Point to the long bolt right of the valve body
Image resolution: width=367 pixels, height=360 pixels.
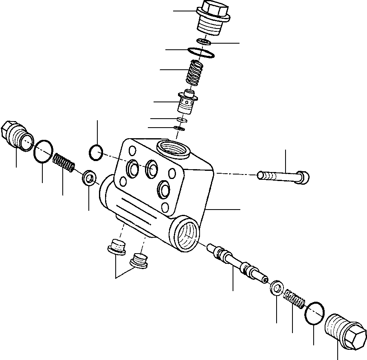(x=283, y=176)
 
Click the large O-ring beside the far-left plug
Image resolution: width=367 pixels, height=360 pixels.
(x=43, y=151)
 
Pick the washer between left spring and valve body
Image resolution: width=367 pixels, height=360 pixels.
(x=89, y=178)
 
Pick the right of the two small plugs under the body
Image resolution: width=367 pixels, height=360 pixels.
(x=139, y=261)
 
